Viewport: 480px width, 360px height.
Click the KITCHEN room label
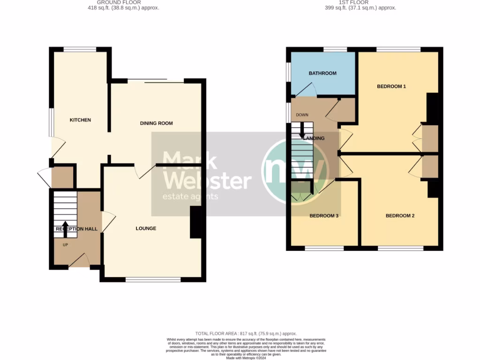point(80,120)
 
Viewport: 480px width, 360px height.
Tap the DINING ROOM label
point(157,123)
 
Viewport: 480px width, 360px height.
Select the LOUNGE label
point(146,228)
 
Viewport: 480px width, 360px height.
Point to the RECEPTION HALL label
point(76,229)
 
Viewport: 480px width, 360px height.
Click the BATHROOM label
point(322,73)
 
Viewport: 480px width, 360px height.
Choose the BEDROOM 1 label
point(391,86)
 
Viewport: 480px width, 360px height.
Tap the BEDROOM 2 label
point(400,216)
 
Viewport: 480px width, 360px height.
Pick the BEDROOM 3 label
point(324,216)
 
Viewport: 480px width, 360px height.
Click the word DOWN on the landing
point(301,115)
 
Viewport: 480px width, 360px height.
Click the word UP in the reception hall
point(65,245)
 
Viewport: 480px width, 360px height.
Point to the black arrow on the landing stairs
point(302,131)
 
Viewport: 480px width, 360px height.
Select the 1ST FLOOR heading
point(360,2)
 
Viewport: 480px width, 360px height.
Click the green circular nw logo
point(295,171)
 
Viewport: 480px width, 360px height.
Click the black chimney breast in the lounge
point(195,223)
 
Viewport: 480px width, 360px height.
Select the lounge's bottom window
point(153,280)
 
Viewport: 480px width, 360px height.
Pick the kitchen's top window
point(80,49)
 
